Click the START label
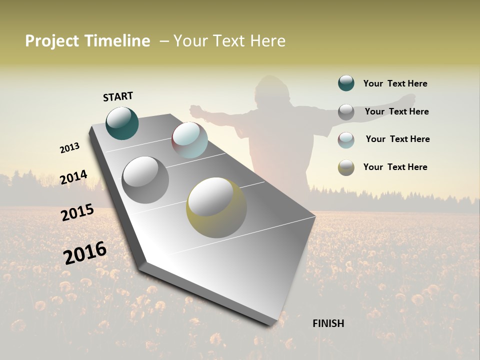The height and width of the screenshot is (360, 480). (x=118, y=96)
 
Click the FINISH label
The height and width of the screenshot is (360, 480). (x=328, y=323)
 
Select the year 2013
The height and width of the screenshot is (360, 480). (x=69, y=148)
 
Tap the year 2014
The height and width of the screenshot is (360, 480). (x=73, y=177)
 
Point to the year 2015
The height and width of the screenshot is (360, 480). (x=77, y=212)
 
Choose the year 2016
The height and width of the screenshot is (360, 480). (x=85, y=252)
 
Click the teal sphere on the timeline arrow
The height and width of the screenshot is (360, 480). (x=122, y=123)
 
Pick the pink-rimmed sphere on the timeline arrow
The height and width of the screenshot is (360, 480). (x=189, y=139)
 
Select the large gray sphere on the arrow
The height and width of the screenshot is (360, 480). (x=145, y=180)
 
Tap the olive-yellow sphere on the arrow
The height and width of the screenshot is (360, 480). (x=216, y=207)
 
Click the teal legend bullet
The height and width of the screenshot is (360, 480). (x=346, y=83)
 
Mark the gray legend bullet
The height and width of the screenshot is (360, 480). (x=346, y=111)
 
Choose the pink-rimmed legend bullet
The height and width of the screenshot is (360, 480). (x=346, y=139)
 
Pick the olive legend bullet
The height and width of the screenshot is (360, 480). (x=346, y=167)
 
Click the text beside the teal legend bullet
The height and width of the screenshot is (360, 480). (x=395, y=83)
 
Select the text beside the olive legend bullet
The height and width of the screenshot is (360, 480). (x=395, y=167)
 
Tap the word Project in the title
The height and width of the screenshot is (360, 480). (x=52, y=41)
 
